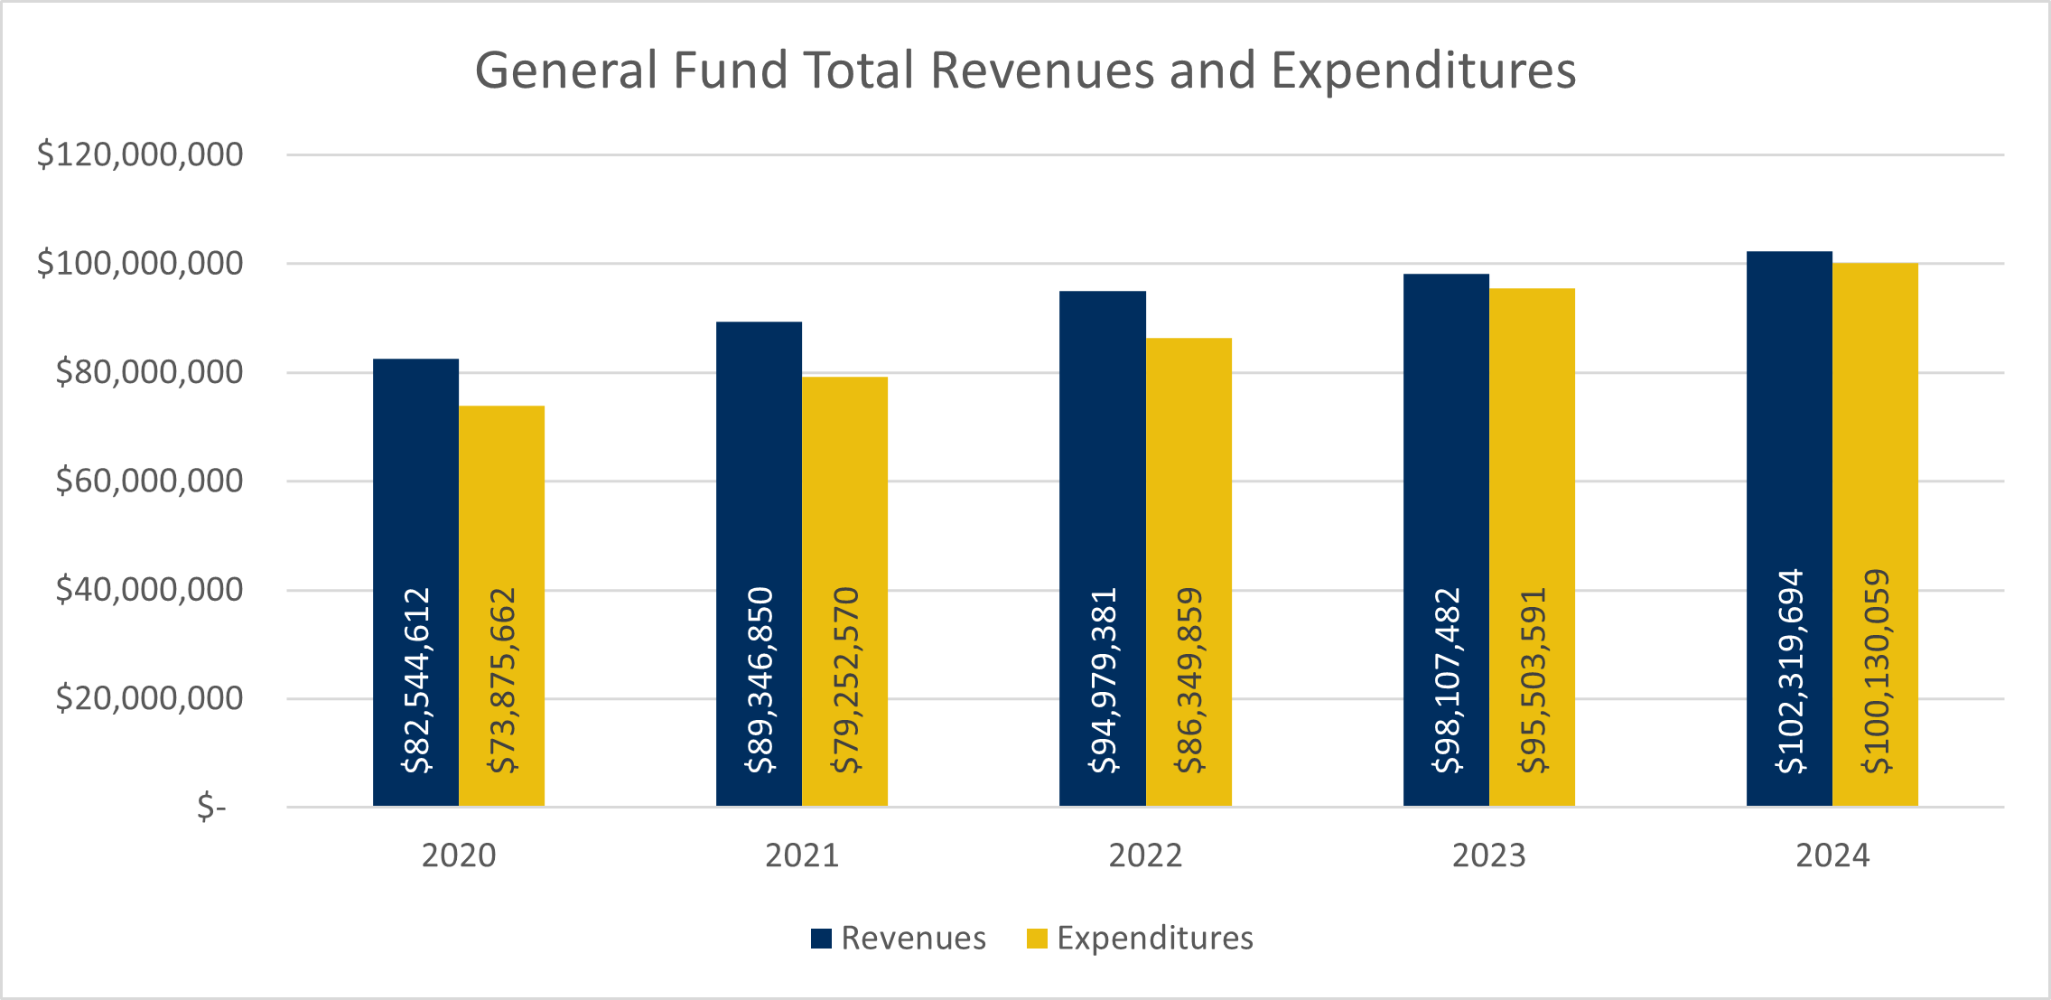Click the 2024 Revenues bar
tap(1789, 407)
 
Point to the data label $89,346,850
tap(760, 680)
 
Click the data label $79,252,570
tap(845, 680)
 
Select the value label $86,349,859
tap(1189, 680)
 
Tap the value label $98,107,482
tap(1447, 680)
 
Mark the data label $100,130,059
tap(1876, 671)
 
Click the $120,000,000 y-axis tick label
tap(140, 154)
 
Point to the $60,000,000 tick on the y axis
tap(149, 481)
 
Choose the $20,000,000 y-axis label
tap(149, 698)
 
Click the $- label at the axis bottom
tap(211, 806)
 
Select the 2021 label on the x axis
tap(802, 855)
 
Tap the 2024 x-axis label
tap(1832, 855)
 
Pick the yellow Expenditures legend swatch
tap(1037, 939)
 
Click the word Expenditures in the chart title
tap(1423, 70)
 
